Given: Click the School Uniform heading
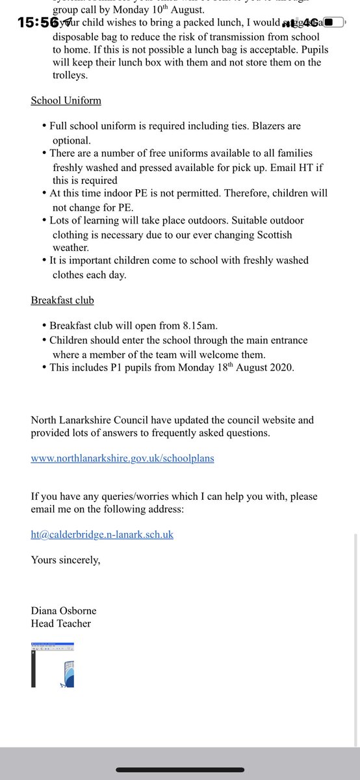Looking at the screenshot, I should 66,101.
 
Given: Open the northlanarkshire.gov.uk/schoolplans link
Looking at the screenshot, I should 122,458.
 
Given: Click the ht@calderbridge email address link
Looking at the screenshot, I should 102,534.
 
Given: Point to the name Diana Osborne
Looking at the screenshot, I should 64,610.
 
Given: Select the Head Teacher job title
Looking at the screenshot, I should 61,623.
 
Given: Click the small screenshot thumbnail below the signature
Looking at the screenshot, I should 53,664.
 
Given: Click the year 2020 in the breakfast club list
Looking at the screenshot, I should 283,369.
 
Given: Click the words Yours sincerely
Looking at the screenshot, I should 66,560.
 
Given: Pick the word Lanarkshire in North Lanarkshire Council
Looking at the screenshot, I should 90,421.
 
